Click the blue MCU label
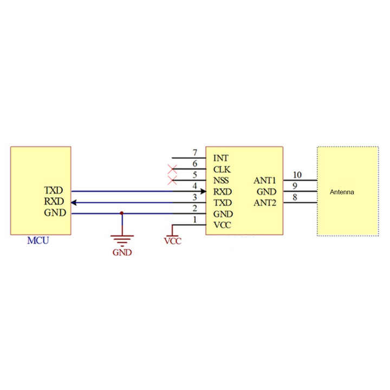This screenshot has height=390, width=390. coord(38,240)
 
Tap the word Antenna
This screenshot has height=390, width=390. coord(342,192)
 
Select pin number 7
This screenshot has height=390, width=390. coord(194,153)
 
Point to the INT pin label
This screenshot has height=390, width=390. coord(220,159)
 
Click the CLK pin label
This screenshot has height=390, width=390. coord(222,170)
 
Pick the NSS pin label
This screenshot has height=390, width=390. coord(222,180)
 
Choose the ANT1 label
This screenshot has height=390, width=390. coord(265,180)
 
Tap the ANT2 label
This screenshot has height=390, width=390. coord(265,203)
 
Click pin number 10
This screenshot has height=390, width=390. coord(297,175)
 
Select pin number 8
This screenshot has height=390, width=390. coord(295,197)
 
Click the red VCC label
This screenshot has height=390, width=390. coord(172,241)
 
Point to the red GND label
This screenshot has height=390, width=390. coord(121,252)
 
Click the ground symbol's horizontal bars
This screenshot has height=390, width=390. coord(121,239)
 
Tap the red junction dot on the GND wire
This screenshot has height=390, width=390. coord(121,213)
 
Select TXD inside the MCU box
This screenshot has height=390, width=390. coord(54,191)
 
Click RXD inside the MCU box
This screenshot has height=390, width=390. coord(54,202)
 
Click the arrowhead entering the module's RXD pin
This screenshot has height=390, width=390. coord(203,191)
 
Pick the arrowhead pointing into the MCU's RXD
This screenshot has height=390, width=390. coord(75,203)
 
